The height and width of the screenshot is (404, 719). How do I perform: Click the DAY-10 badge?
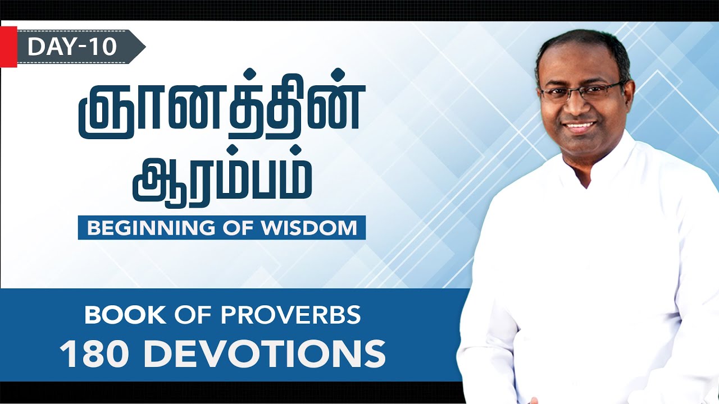pos(73,47)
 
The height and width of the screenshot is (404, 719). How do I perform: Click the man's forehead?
pos(579,67)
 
